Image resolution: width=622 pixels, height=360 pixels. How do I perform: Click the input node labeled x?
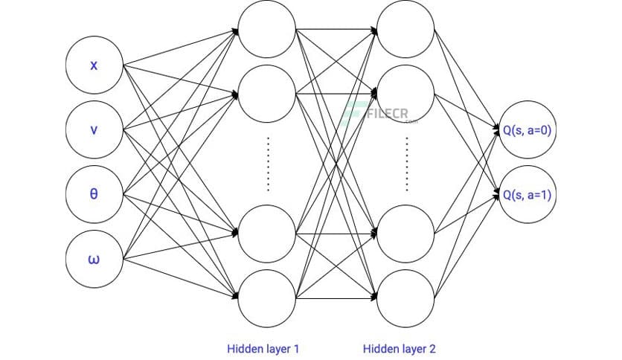(x=94, y=66)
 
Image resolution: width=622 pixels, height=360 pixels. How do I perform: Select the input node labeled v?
(x=94, y=130)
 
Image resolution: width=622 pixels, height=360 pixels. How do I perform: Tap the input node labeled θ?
(x=94, y=195)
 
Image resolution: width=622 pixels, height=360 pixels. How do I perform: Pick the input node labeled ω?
(x=94, y=260)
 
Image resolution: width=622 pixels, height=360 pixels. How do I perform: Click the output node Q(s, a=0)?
(x=527, y=130)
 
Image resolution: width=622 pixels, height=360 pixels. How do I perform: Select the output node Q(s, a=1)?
(x=527, y=195)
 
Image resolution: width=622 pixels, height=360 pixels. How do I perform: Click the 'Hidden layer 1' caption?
(x=264, y=348)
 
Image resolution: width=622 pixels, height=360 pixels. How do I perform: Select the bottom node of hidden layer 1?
(x=267, y=296)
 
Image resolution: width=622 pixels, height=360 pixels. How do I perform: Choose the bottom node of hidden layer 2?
(x=405, y=296)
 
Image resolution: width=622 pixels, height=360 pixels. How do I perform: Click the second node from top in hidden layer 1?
(x=267, y=94)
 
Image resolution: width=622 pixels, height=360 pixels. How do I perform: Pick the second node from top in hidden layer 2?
(x=405, y=94)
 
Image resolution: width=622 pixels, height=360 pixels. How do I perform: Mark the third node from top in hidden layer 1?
(x=267, y=232)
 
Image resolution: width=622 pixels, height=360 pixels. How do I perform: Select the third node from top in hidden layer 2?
(x=405, y=232)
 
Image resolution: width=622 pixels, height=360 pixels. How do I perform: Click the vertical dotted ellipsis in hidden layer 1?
(x=267, y=164)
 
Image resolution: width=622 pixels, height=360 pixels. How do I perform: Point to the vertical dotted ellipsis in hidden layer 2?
(x=406, y=164)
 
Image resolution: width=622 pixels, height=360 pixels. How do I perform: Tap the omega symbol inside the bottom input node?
(x=94, y=260)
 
